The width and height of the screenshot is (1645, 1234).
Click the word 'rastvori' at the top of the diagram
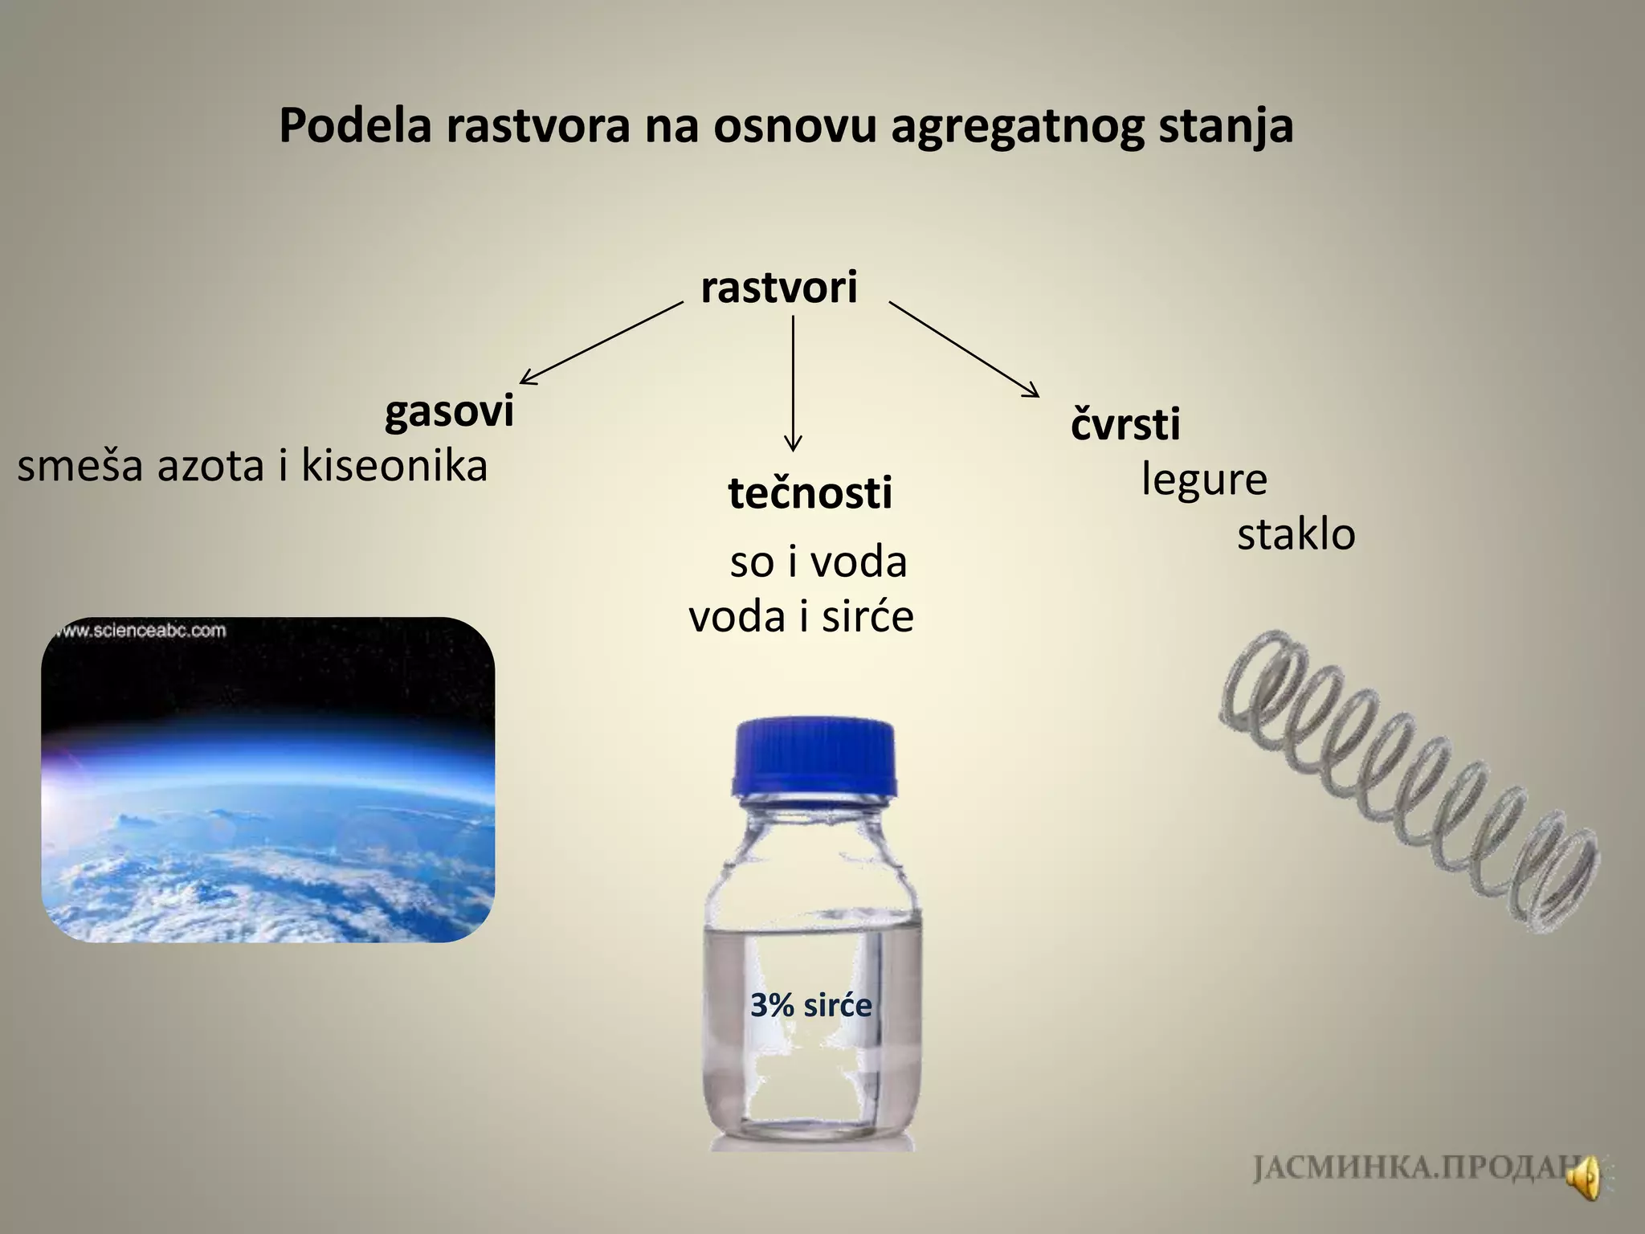pos(778,288)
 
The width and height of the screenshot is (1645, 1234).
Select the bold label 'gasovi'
pos(449,412)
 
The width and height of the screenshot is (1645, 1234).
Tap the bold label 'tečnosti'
pos(810,492)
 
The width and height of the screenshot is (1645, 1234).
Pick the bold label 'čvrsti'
pos(1125,424)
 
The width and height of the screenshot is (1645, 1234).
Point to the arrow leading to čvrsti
pos(964,349)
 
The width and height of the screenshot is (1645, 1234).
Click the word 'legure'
pos(1203,480)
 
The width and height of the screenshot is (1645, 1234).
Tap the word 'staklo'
pos(1296,534)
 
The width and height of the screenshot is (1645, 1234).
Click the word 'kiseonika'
pos(394,466)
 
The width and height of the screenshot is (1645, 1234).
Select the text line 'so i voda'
pos(818,562)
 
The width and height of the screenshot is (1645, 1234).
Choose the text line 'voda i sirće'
pos(802,617)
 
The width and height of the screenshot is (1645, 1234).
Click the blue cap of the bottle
pos(814,759)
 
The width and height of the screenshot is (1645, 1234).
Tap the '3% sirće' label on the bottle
pos(810,1005)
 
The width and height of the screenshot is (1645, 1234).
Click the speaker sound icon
pos(1585,1179)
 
